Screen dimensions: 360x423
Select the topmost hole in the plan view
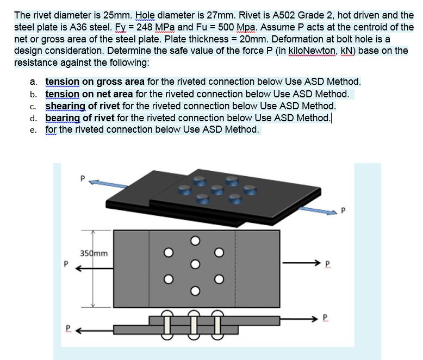(x=192, y=240)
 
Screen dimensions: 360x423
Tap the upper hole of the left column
(x=169, y=252)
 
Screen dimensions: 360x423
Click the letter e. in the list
(x=34, y=129)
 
